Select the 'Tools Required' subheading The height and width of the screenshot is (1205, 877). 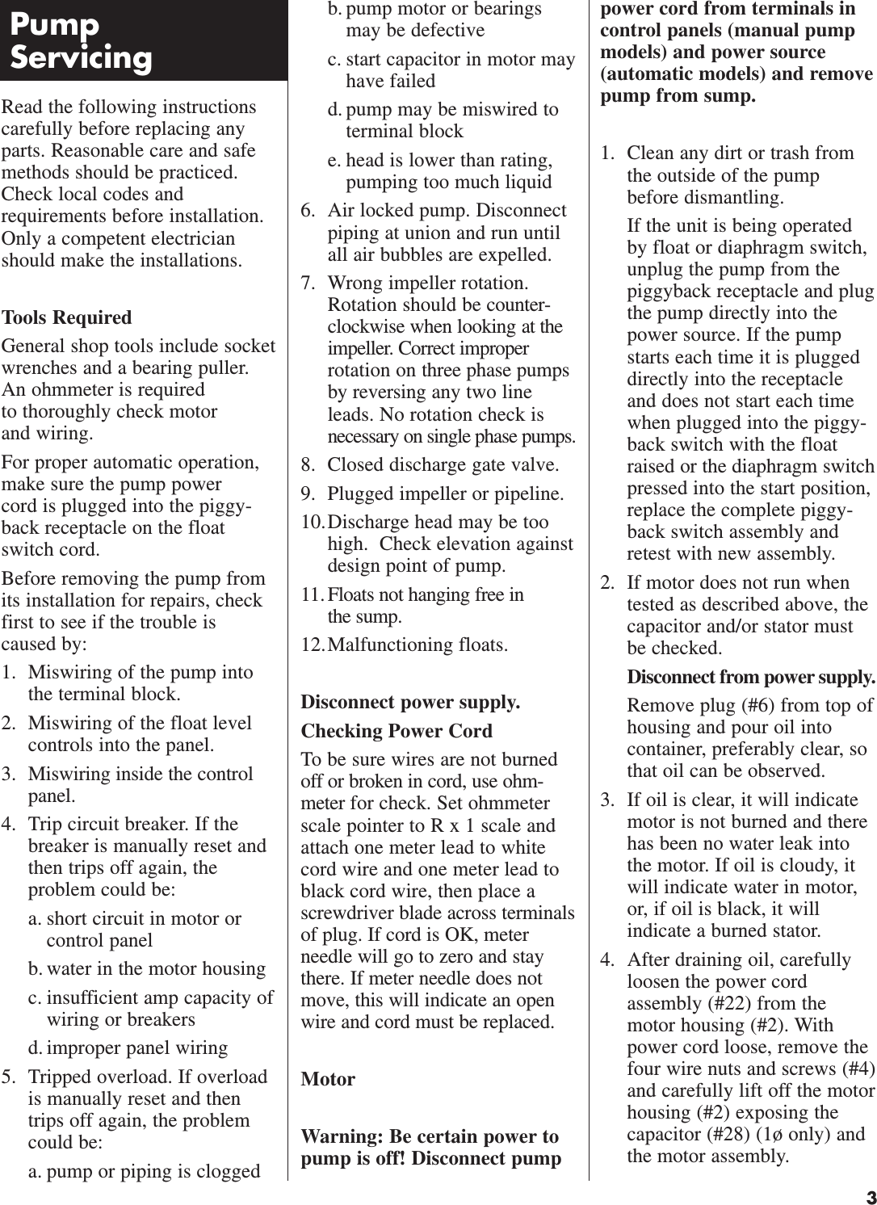(x=67, y=317)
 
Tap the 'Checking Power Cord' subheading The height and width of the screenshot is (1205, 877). (x=397, y=731)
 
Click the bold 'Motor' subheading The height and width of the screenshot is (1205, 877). (x=328, y=1079)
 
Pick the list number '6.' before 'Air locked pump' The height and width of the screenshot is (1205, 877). (x=308, y=211)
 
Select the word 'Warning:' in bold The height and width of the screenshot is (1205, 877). (x=342, y=1136)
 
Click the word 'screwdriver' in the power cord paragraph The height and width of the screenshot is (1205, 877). (x=347, y=913)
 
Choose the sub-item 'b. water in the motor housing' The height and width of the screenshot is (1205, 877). (x=147, y=968)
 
